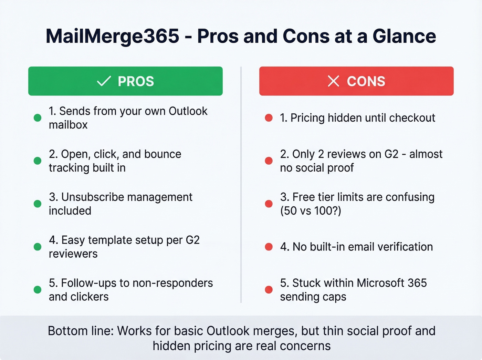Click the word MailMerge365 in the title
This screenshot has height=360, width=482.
(113, 36)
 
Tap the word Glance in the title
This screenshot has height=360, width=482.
(404, 36)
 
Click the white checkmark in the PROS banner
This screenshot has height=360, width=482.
(104, 81)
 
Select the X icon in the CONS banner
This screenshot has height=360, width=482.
(333, 81)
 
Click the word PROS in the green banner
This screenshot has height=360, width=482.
(136, 82)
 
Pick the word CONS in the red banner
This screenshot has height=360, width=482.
(366, 82)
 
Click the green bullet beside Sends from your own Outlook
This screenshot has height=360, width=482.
(38, 118)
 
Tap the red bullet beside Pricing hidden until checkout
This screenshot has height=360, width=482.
(269, 118)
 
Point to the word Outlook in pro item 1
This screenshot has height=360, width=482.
(188, 111)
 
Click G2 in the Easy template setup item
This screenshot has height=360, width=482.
(192, 240)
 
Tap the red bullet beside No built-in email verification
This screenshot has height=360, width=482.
(269, 247)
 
